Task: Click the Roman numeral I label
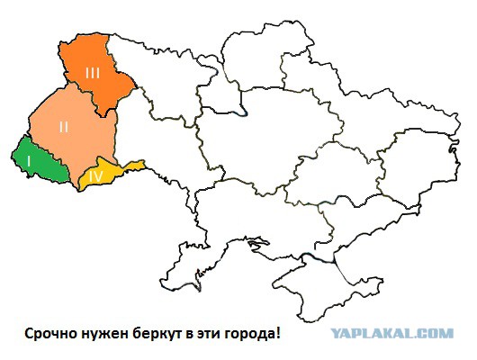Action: coord(30,159)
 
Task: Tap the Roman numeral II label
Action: coord(63,127)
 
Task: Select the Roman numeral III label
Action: coord(93,71)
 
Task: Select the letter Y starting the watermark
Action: coord(335,334)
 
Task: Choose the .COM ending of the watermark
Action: coord(436,334)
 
